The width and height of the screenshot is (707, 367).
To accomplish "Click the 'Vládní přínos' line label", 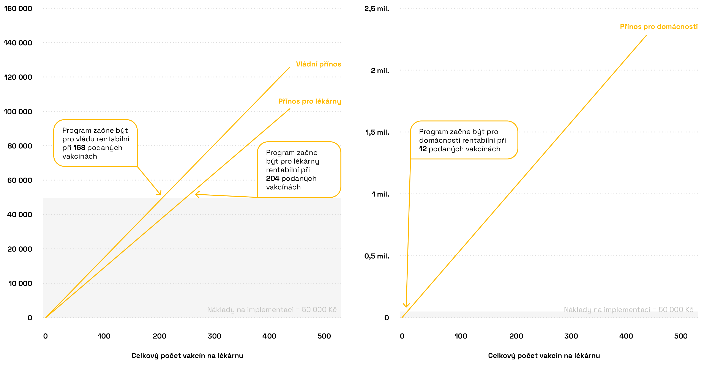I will click(x=318, y=64).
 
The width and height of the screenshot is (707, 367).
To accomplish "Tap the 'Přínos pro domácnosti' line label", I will click(x=658, y=27).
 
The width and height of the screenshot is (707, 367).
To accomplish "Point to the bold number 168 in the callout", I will click(x=79, y=148).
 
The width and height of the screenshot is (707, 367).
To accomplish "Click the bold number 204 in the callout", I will click(x=272, y=179).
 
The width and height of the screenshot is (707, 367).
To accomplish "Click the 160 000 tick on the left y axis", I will click(x=18, y=8).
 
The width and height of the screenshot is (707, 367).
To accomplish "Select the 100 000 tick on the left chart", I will click(x=18, y=112).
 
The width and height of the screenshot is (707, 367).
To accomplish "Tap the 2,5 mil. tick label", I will click(x=377, y=8).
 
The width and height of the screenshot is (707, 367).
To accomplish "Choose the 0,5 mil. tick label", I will click(x=377, y=256).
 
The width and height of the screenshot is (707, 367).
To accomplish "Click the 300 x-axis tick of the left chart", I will click(x=214, y=336).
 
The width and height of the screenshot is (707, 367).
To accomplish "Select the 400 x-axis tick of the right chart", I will click(x=626, y=336).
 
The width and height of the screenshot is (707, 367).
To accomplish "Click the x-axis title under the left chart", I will click(x=187, y=356).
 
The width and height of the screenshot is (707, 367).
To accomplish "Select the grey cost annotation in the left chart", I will click(x=272, y=310).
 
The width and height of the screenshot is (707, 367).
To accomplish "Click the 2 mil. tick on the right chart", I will click(x=380, y=71).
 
